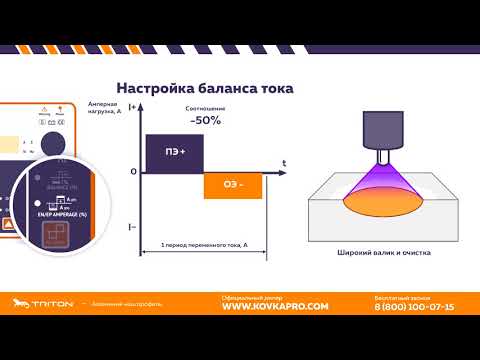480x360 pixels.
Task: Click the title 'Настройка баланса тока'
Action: (205, 88)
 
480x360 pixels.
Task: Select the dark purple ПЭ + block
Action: (174, 151)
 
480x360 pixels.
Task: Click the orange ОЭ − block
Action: (233, 184)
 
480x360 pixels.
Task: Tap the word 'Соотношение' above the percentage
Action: (205, 108)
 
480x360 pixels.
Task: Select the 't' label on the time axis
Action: (285, 162)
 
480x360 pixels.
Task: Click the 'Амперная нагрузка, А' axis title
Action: (103, 110)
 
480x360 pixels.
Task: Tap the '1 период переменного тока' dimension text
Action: (204, 245)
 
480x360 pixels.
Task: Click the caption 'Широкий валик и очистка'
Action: (384, 253)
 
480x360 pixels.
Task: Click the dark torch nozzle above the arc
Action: (384, 136)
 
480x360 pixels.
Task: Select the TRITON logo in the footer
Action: (41, 306)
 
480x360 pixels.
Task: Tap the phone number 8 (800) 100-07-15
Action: (414, 307)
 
